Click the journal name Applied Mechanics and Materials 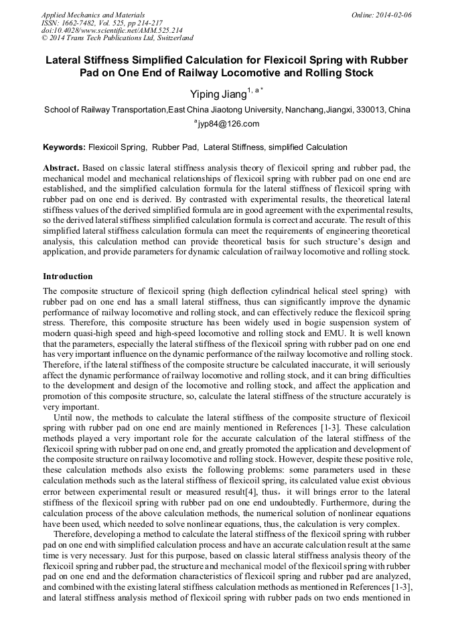tap(92, 14)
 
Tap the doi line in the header tap(112, 30)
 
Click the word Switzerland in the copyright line tap(170, 38)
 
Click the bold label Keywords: tap(64, 147)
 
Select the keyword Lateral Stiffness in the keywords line tap(234, 147)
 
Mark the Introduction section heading tap(68, 276)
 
